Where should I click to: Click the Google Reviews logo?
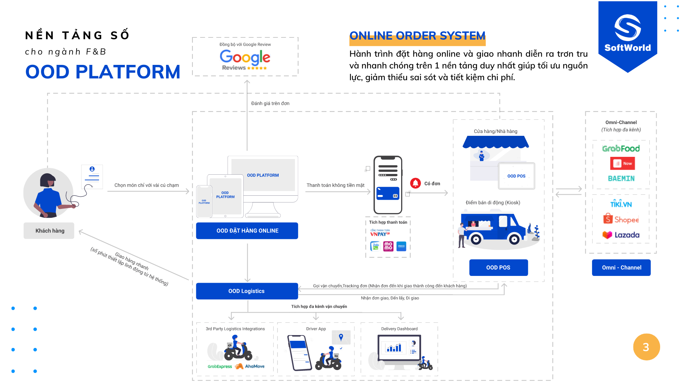pos(245,60)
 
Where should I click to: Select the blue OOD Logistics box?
pos(247,291)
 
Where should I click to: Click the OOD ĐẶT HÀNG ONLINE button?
pos(247,231)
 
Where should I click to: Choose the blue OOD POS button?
pos(498,267)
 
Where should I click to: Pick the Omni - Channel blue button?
pos(621,267)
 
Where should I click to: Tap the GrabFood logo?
pos(621,148)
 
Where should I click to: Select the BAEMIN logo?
pos(621,178)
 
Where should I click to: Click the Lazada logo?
pos(621,235)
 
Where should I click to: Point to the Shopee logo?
pos(621,219)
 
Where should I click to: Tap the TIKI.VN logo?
pos(621,204)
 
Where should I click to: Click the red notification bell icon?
pos(415,183)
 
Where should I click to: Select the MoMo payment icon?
pos(388,246)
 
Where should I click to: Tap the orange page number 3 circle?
pos(646,347)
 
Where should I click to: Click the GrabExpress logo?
pos(219,366)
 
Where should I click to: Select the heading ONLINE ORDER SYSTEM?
pos(417,36)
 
